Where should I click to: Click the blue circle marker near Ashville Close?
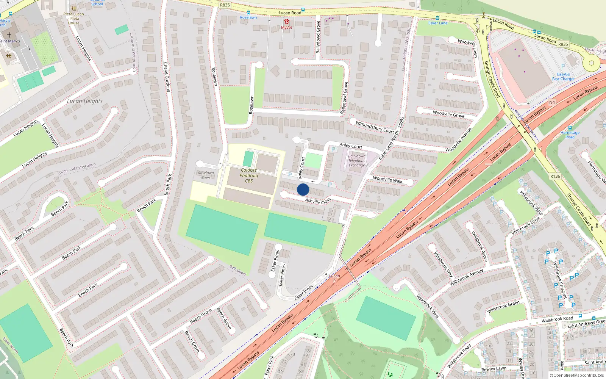pyautogui.click(x=303, y=189)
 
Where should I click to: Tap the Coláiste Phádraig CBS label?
pyautogui.click(x=249, y=175)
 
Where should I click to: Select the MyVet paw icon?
pyautogui.click(x=286, y=22)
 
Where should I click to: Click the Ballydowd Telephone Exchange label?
pyautogui.click(x=357, y=161)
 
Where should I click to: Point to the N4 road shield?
pyautogui.click(x=552, y=102)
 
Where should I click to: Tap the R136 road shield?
pyautogui.click(x=555, y=176)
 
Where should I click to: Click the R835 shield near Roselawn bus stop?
pyautogui.click(x=225, y=5)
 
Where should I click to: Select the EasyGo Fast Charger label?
pyautogui.click(x=563, y=77)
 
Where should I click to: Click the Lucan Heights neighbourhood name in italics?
pyautogui.click(x=84, y=101)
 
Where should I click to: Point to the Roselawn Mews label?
pyautogui.click(x=206, y=175)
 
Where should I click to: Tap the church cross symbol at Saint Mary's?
pyautogui.click(x=9, y=34)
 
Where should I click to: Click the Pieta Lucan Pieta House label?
pyautogui.click(x=74, y=19)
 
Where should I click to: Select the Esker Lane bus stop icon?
pyautogui.click(x=437, y=18)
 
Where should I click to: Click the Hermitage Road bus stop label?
pyautogui.click(x=570, y=135)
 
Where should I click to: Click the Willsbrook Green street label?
pyautogui.click(x=503, y=307)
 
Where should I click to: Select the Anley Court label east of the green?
pyautogui.click(x=351, y=146)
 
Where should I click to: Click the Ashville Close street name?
pyautogui.click(x=318, y=201)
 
